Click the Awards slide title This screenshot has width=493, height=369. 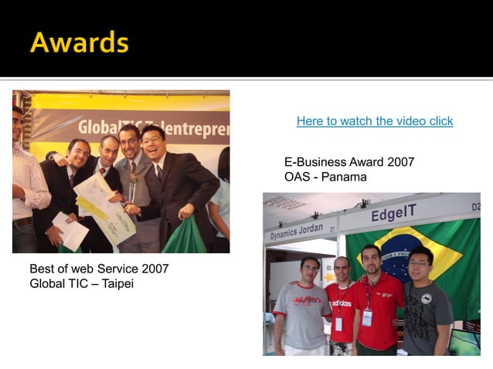(x=79, y=42)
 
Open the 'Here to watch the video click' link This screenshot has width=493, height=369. (x=375, y=121)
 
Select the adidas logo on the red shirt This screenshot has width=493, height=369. (x=341, y=303)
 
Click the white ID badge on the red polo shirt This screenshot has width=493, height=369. (x=367, y=317)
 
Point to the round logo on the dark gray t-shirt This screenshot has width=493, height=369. (x=427, y=299)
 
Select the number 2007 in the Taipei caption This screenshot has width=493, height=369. (x=154, y=269)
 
